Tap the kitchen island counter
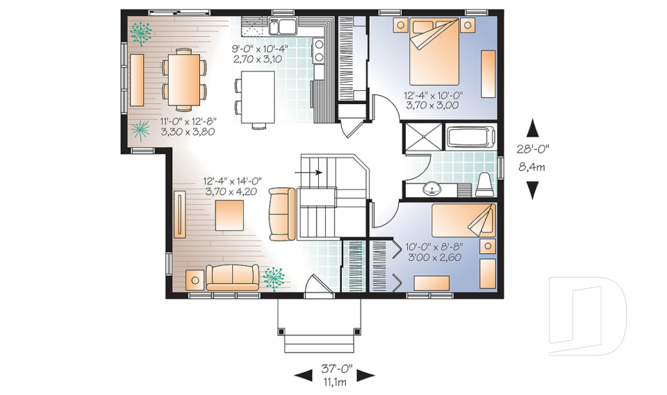coord(258,97)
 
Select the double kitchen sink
coord(283,27)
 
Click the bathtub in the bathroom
coord(471,137)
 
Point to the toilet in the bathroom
coord(484,185)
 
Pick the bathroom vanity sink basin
coord(432,188)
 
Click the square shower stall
coord(424,137)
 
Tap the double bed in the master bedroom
coord(434,51)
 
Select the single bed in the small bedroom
coord(463,220)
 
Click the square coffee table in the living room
coord(229,215)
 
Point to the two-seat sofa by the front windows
coord(232,277)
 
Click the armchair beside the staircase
coord(282,214)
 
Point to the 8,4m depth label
coord(532,167)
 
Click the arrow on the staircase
coord(308,172)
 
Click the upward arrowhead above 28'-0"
coord(533,128)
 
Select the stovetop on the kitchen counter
coord(318,51)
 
